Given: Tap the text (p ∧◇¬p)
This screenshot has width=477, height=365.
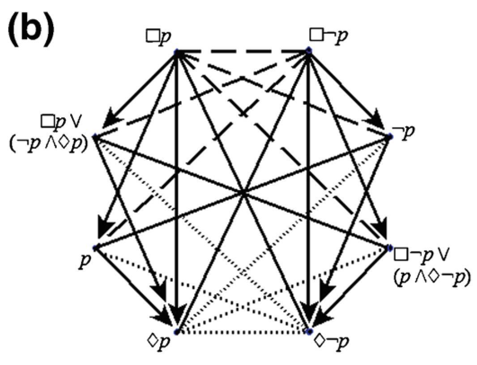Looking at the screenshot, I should pyautogui.click(x=430, y=279).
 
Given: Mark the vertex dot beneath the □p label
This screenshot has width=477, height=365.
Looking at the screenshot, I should pyautogui.click(x=176, y=51).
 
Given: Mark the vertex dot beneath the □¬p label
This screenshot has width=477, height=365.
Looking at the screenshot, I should pyautogui.click(x=308, y=51).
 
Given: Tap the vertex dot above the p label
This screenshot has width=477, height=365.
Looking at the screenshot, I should pyautogui.click(x=95, y=247).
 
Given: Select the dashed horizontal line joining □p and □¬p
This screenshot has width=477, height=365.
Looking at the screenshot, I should pyautogui.click(x=242, y=51).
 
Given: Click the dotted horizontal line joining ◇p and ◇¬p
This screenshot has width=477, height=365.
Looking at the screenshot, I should pyautogui.click(x=242, y=331).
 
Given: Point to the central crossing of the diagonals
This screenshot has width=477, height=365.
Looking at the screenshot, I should pyautogui.click(x=243, y=192).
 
